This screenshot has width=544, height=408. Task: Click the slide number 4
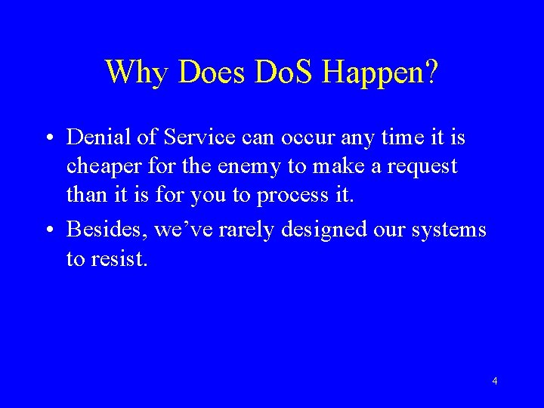coord(494,382)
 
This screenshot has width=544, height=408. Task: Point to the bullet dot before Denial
coord(48,138)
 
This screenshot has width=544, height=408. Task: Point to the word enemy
coord(243,166)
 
